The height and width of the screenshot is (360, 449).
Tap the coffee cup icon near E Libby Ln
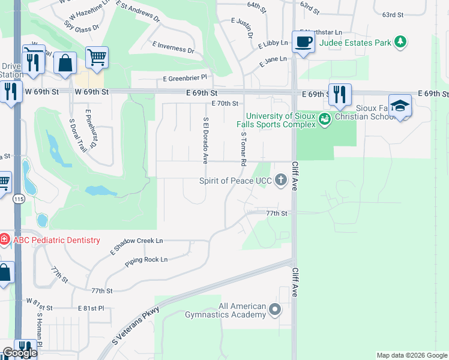pyautogui.click(x=304, y=42)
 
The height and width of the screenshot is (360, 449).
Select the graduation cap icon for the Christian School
pyautogui.click(x=400, y=106)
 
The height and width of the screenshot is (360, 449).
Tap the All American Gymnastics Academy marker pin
pyautogui.click(x=275, y=310)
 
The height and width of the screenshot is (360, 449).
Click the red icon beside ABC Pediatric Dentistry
pyautogui.click(x=4, y=240)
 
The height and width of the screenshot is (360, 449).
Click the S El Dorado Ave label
pyautogui.click(x=205, y=140)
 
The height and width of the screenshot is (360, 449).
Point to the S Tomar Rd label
pyautogui.click(x=244, y=149)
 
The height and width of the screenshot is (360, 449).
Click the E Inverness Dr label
pyautogui.click(x=173, y=48)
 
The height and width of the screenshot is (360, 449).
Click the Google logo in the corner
pyautogui.click(x=20, y=353)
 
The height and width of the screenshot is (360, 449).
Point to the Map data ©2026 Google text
pyautogui.click(x=411, y=355)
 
